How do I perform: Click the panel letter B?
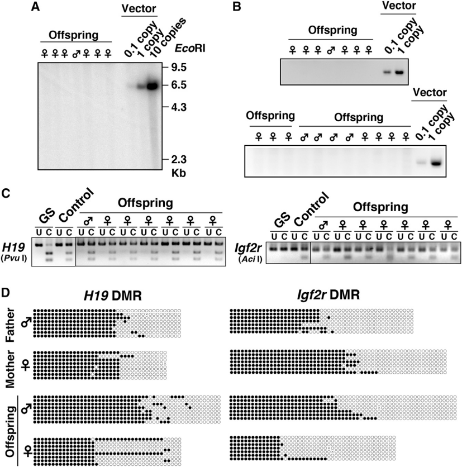pyautogui.click(x=236, y=7)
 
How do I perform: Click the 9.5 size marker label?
pyautogui.click(x=179, y=68)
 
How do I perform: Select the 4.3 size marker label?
pyautogui.click(x=179, y=107)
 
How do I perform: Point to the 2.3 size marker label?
pyautogui.click(x=179, y=160)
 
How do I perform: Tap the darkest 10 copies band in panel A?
pyautogui.click(x=153, y=87)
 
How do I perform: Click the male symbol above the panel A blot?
pyautogui.click(x=77, y=54)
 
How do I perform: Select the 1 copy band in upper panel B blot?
pyautogui.click(x=399, y=72)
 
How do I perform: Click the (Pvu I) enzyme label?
pyautogui.click(x=14, y=258)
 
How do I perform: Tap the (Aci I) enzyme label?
pyautogui.click(x=250, y=259)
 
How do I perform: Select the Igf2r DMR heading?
pyautogui.click(x=328, y=295)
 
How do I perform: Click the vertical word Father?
pyautogui.click(x=10, y=325)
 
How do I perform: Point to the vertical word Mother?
pyautogui.click(x=10, y=369)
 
